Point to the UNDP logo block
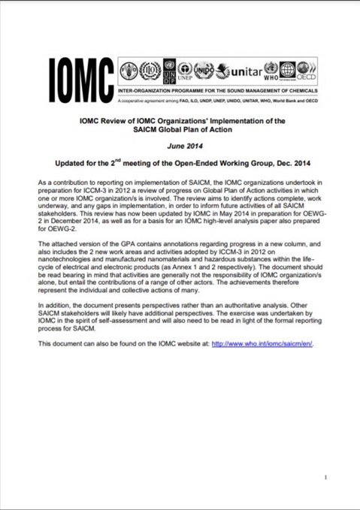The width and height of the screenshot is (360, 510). click(x=168, y=71)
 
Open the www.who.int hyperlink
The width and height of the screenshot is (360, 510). click(x=262, y=343)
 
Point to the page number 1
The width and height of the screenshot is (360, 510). click(x=325, y=477)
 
